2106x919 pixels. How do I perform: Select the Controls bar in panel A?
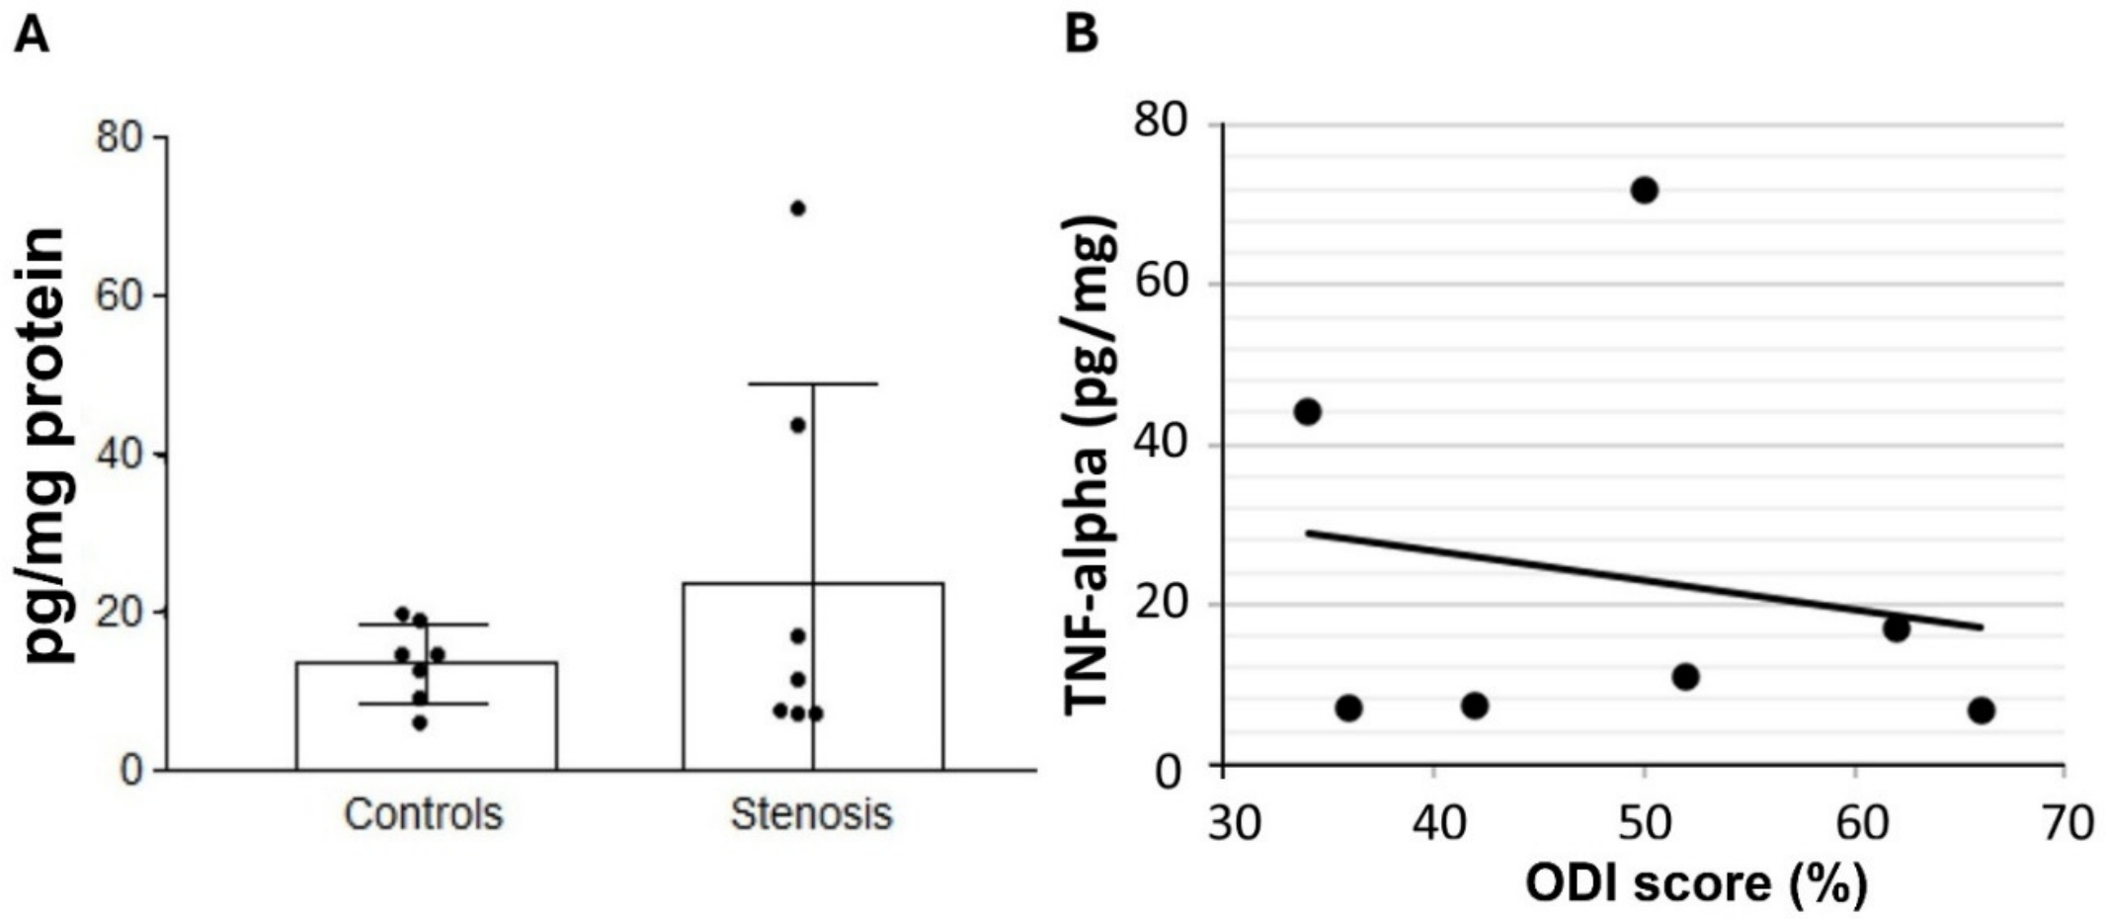[x=426, y=715]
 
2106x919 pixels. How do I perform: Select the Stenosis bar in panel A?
[x=813, y=676]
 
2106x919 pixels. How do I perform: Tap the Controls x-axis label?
[x=424, y=814]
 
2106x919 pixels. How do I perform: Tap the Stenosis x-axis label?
[x=811, y=814]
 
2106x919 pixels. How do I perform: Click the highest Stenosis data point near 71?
[x=798, y=208]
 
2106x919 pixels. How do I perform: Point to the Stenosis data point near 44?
[x=798, y=425]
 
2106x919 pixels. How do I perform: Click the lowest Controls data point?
[x=420, y=723]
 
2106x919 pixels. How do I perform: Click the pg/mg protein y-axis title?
[x=44, y=446]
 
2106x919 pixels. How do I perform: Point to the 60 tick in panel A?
[x=120, y=295]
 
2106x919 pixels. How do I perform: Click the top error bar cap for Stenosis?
[x=813, y=383]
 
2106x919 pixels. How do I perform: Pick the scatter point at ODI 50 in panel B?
[x=1644, y=190]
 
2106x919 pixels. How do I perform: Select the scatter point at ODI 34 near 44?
[x=1307, y=411]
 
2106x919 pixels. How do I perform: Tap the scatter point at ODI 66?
[x=1981, y=710]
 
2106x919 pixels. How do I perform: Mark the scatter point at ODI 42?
[x=1475, y=706]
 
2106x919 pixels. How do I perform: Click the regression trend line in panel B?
[x=1644, y=579]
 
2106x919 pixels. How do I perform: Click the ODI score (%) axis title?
[x=1696, y=882]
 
